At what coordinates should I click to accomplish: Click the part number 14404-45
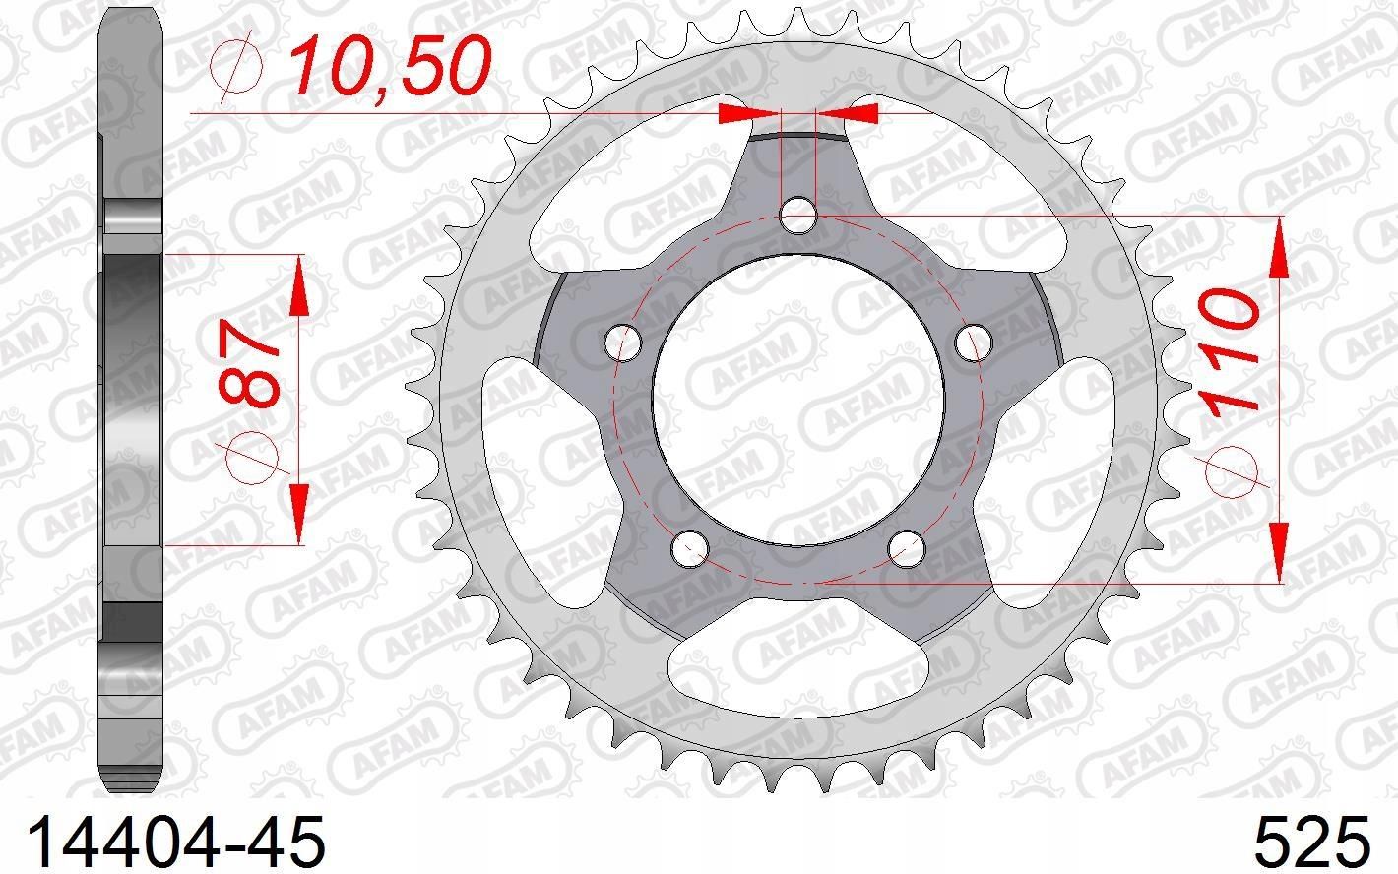point(176,842)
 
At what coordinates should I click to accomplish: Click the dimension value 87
point(249,364)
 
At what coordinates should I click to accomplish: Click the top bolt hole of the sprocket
point(798,215)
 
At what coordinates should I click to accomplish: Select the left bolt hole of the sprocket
point(623,343)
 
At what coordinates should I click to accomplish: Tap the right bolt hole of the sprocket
point(975,343)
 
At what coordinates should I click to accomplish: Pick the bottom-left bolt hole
point(689,549)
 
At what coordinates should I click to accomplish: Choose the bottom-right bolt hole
point(907,549)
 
